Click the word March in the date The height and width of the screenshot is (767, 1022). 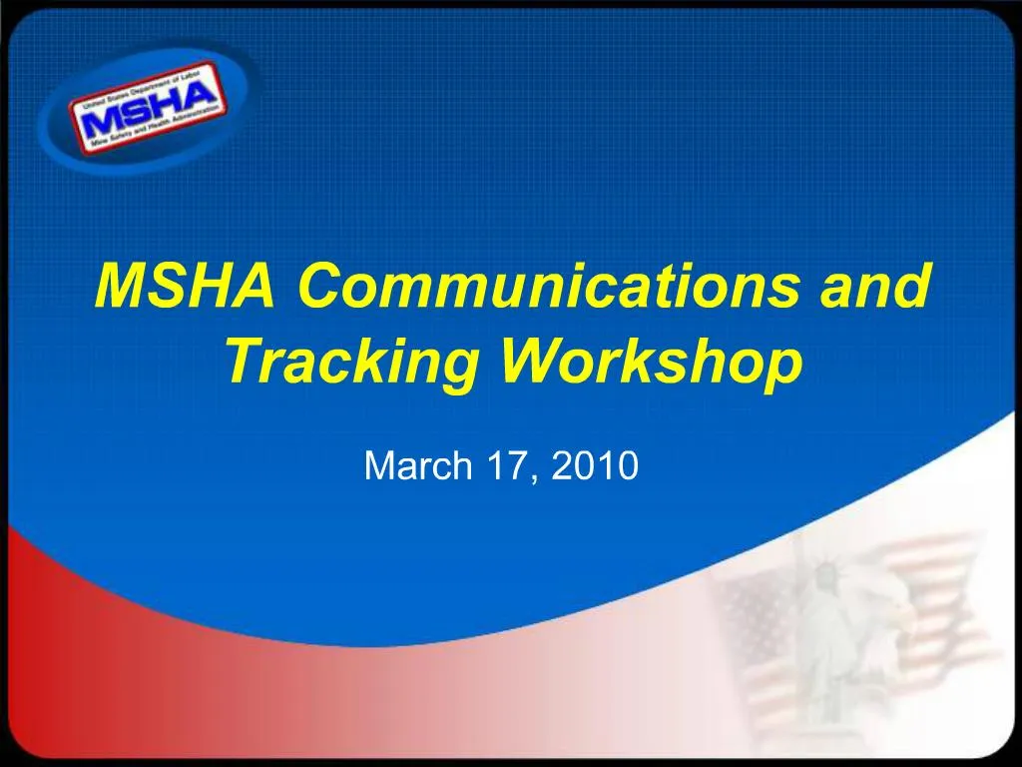[x=407, y=465]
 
